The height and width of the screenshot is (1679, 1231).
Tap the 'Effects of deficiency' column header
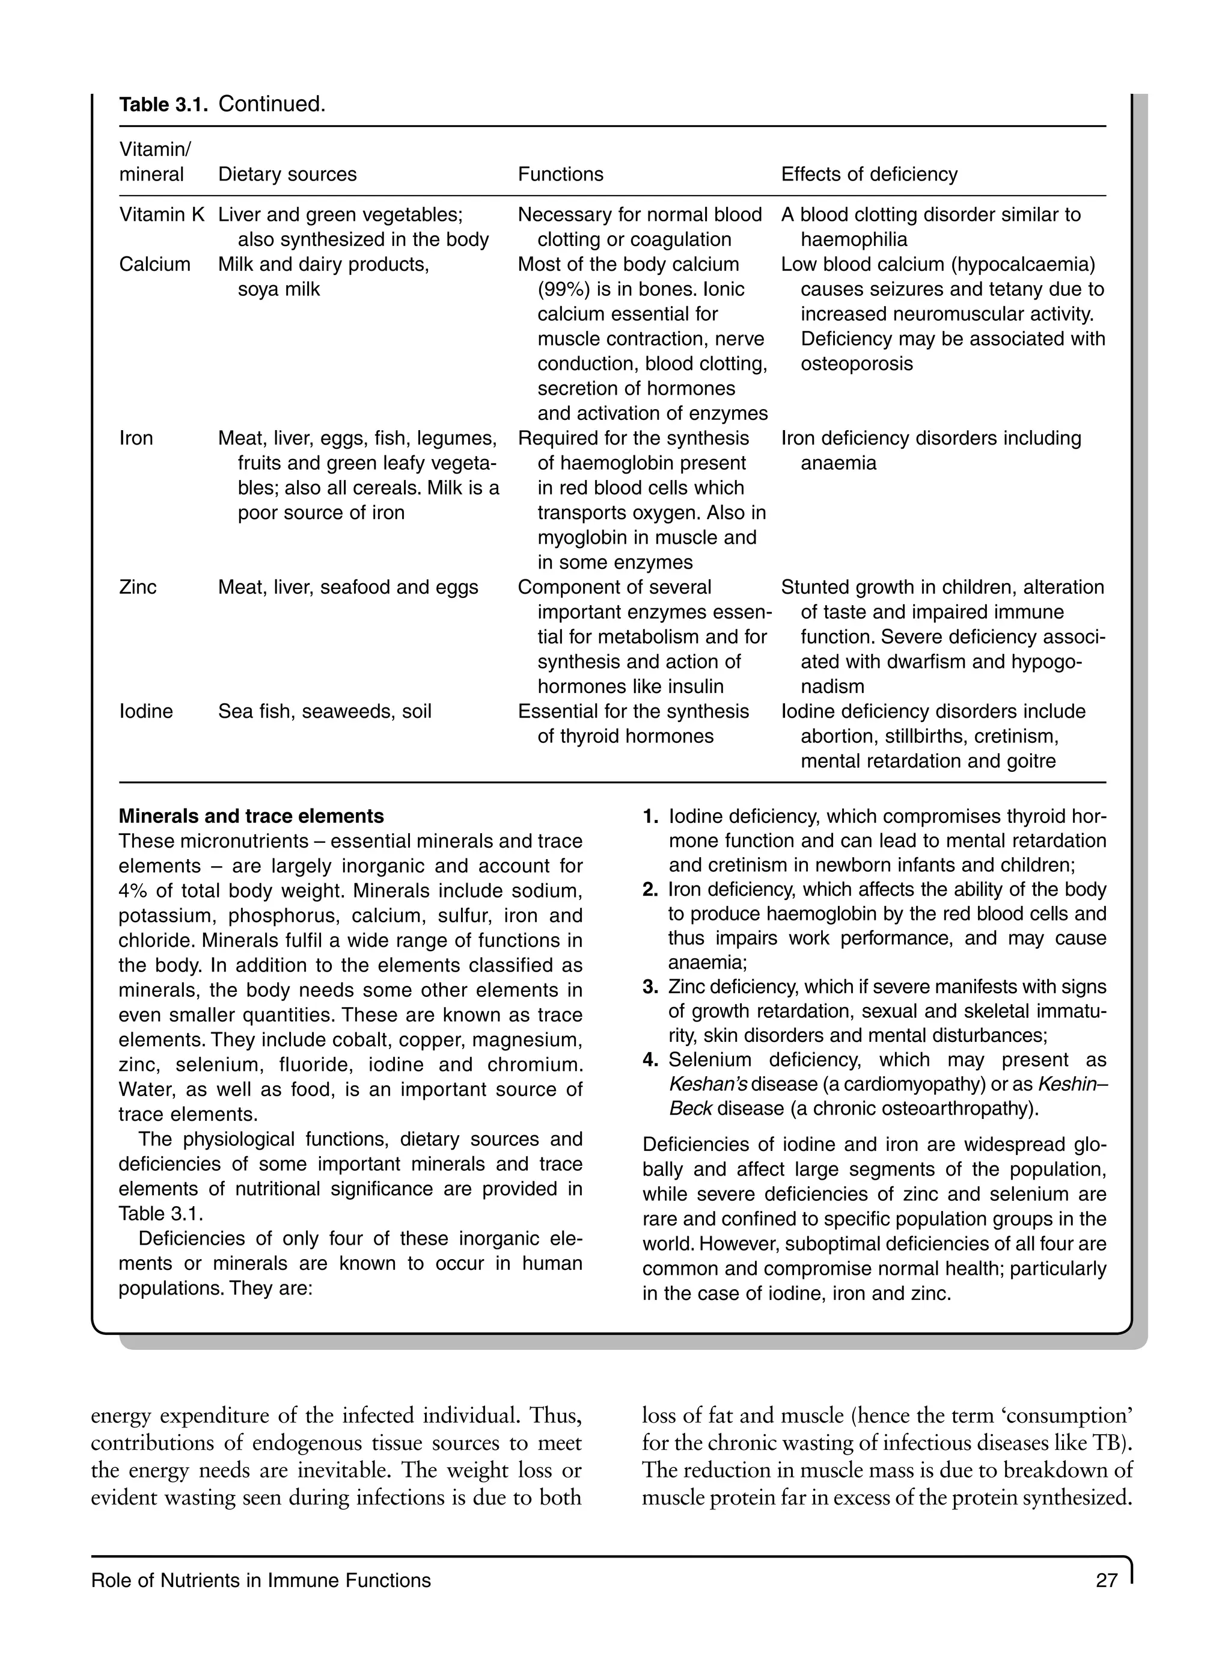point(869,174)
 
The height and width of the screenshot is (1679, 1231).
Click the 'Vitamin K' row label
point(161,215)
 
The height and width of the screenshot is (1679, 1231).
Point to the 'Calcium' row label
point(154,265)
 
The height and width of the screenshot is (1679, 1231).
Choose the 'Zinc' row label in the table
point(138,588)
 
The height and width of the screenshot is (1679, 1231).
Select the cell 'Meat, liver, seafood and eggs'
point(347,588)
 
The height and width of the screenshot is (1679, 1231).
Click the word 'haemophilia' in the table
point(854,239)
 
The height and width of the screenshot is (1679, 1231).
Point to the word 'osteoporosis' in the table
point(856,364)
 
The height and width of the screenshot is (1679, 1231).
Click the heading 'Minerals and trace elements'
point(251,816)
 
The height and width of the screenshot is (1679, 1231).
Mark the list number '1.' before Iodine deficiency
point(650,816)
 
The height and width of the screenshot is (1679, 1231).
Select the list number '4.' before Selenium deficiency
point(650,1060)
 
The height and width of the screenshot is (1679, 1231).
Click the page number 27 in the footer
point(1107,1580)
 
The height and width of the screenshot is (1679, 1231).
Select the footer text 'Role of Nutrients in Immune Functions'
point(261,1580)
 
